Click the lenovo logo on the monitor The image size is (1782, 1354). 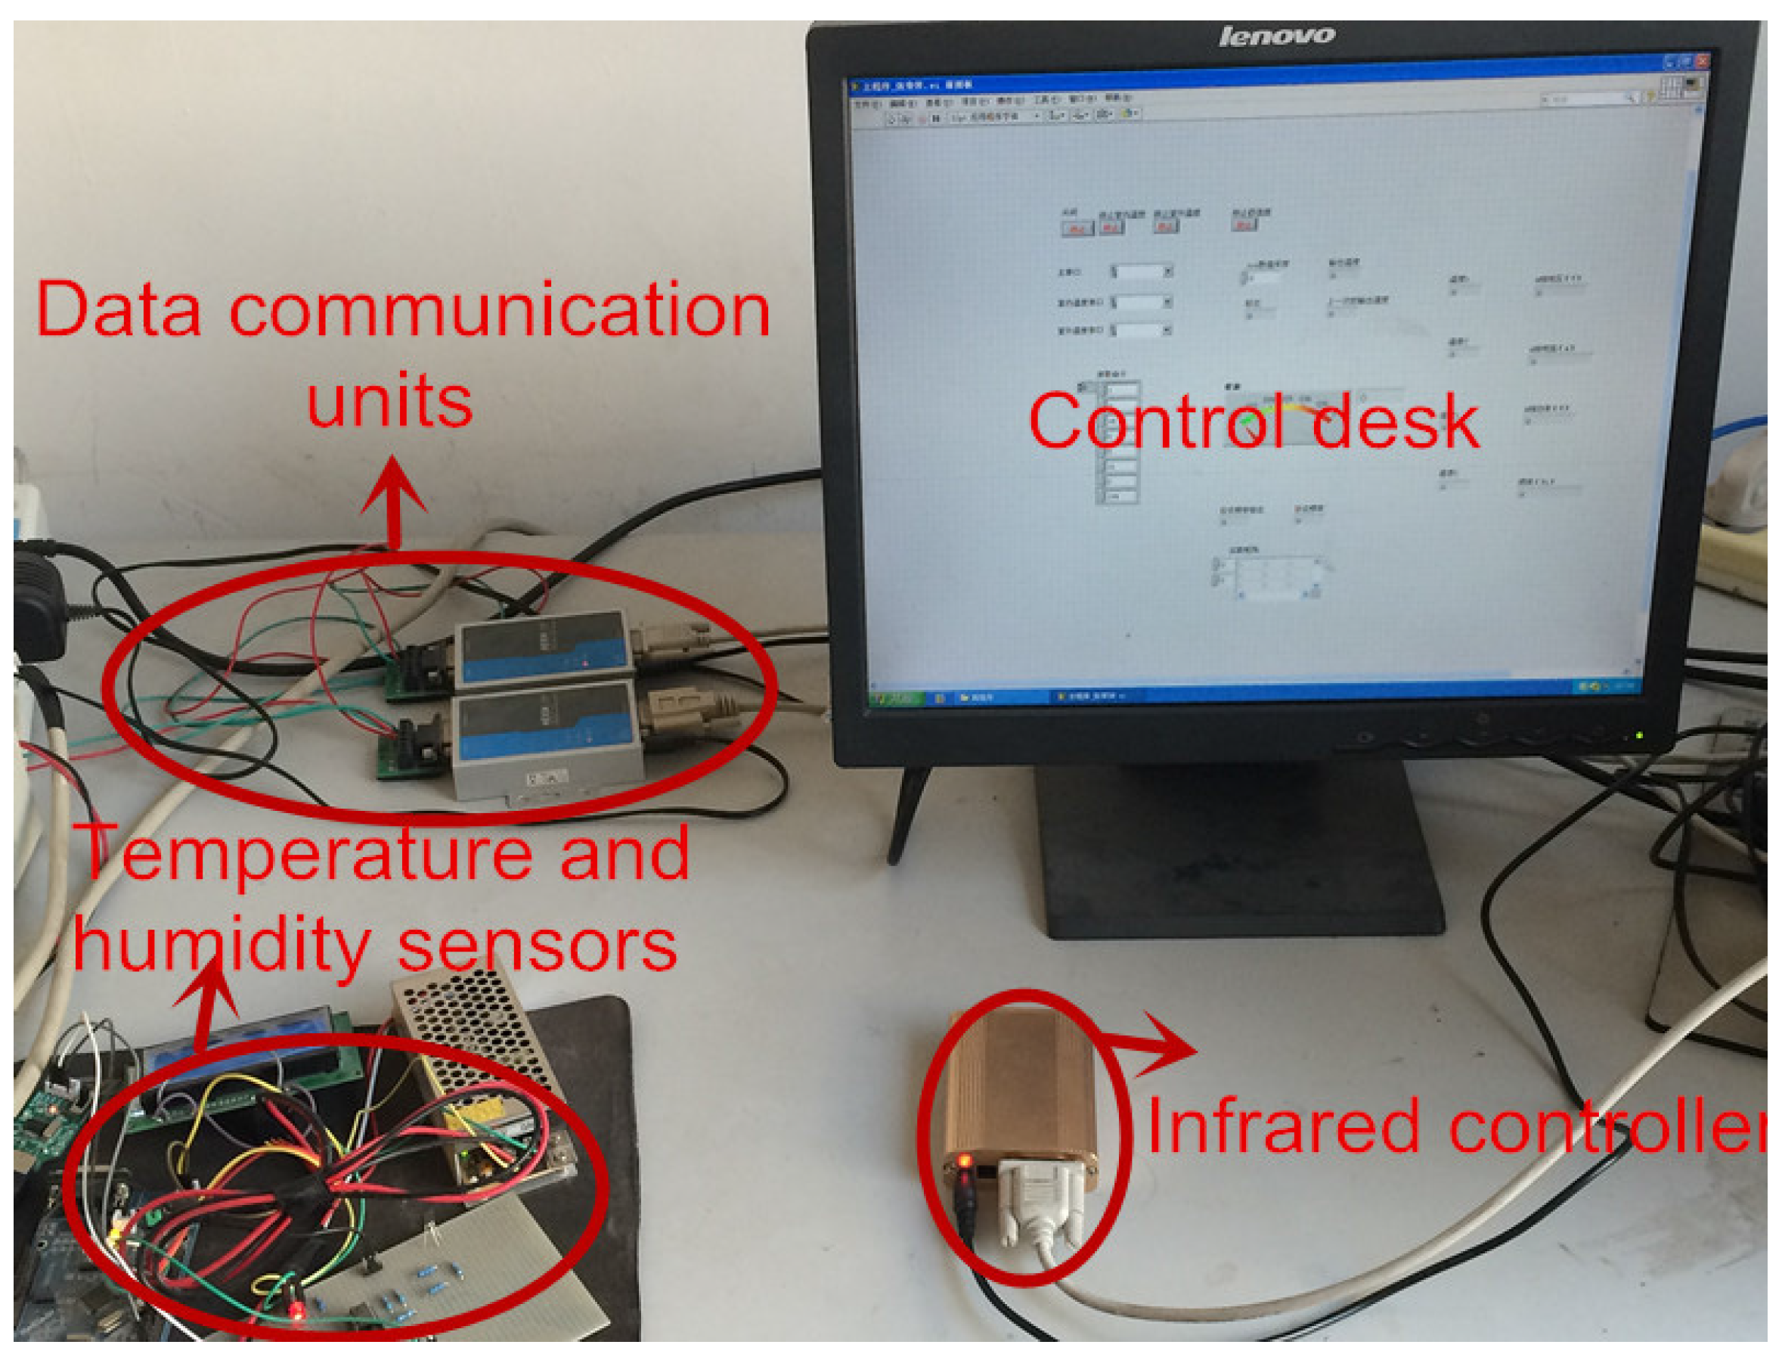click(1276, 36)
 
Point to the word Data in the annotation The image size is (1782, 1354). click(119, 310)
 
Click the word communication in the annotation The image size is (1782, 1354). click(500, 310)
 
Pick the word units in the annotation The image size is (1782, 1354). click(389, 401)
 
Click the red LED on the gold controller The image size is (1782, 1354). click(964, 1161)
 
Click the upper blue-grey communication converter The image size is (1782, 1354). click(541, 649)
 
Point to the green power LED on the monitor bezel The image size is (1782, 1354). click(1638, 735)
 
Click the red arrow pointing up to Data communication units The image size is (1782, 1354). click(393, 500)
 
